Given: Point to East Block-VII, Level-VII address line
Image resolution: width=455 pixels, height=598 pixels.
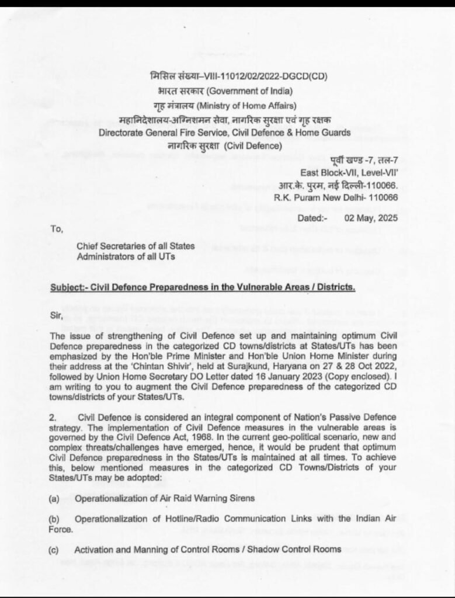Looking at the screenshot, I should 349,172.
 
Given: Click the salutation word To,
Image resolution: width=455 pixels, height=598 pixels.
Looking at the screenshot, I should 57,230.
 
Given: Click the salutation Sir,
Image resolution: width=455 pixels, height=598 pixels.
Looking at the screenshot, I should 56,318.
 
